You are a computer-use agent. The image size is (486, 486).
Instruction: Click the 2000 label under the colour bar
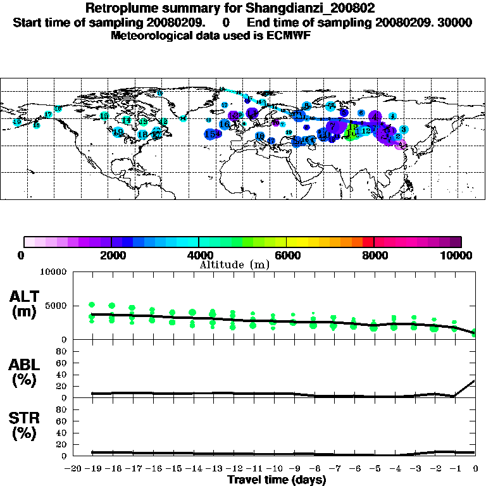click(x=111, y=255)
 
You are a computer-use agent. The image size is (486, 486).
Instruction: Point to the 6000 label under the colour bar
click(x=286, y=255)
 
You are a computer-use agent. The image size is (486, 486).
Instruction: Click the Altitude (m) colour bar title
click(x=235, y=265)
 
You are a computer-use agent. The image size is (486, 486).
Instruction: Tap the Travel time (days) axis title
click(x=277, y=480)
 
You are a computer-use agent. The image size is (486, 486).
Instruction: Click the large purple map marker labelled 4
click(x=375, y=116)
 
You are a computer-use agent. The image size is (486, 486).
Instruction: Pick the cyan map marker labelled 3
click(x=403, y=129)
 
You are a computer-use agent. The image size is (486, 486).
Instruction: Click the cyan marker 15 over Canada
click(x=142, y=121)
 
